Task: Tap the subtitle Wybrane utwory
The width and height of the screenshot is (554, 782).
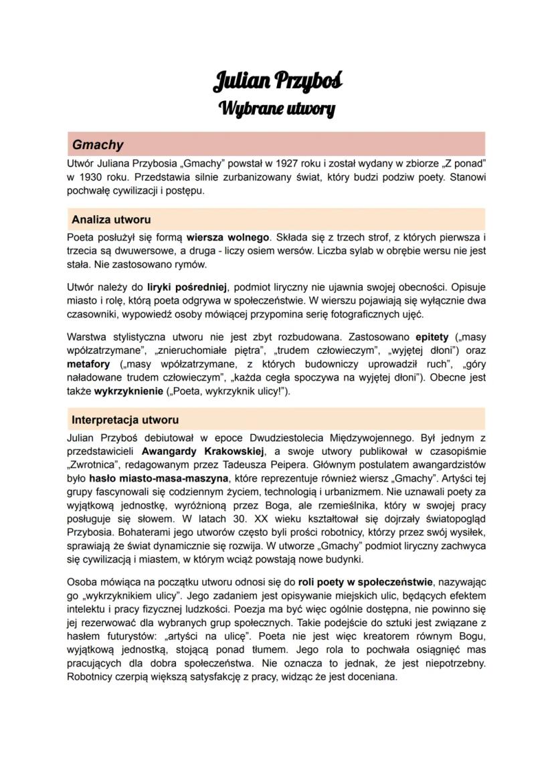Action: (x=277, y=108)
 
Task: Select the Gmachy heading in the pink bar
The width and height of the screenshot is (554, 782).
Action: (x=98, y=144)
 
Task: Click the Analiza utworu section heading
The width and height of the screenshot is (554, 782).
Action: (x=111, y=219)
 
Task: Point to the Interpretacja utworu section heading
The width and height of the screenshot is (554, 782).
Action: (x=125, y=420)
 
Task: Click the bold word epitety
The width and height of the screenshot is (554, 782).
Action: (x=432, y=337)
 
